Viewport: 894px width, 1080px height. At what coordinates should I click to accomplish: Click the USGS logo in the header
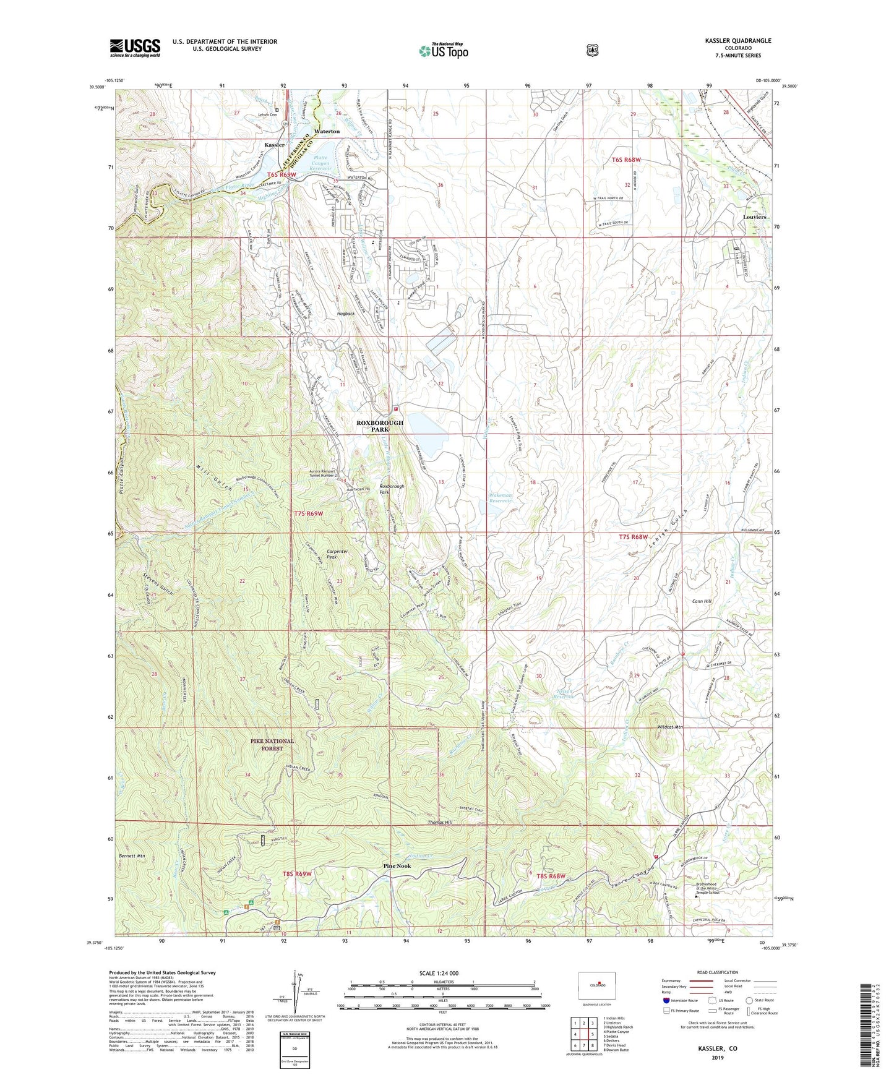tap(135, 48)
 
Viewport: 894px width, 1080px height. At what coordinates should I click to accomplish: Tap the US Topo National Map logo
tap(444, 51)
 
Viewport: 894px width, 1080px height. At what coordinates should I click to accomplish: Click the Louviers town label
tap(755, 218)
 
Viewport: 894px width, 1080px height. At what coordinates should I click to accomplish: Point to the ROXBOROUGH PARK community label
tap(379, 426)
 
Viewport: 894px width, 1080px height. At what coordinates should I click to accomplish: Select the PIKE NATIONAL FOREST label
tap(272, 745)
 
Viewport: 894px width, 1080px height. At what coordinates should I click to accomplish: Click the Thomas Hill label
tap(440, 823)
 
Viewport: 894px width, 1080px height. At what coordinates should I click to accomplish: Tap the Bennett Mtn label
tap(131, 856)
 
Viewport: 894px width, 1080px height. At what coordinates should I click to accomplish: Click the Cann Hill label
tap(702, 601)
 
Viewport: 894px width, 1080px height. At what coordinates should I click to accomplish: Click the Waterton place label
tap(327, 131)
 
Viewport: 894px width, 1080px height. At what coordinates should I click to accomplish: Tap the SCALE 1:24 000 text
tap(439, 974)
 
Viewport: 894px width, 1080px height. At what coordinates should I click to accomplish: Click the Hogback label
tap(346, 314)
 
